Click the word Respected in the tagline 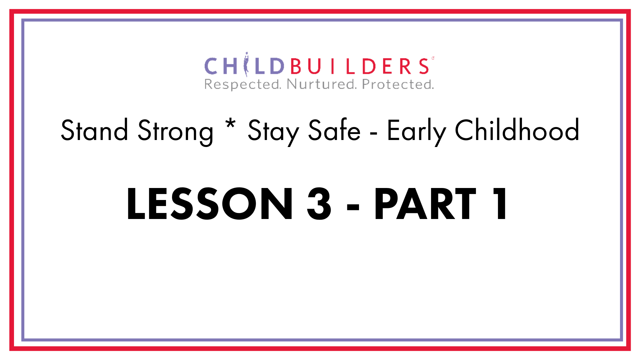[243, 85]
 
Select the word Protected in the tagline [398, 84]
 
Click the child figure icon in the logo [246, 64]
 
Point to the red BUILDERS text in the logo [360, 66]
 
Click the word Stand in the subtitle [94, 130]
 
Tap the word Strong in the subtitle [175, 132]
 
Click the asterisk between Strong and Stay [230, 124]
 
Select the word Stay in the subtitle [273, 132]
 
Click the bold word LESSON [210, 204]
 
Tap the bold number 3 [319, 204]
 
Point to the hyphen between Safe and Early [374, 134]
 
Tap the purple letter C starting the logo [211, 66]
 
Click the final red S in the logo [424, 66]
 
